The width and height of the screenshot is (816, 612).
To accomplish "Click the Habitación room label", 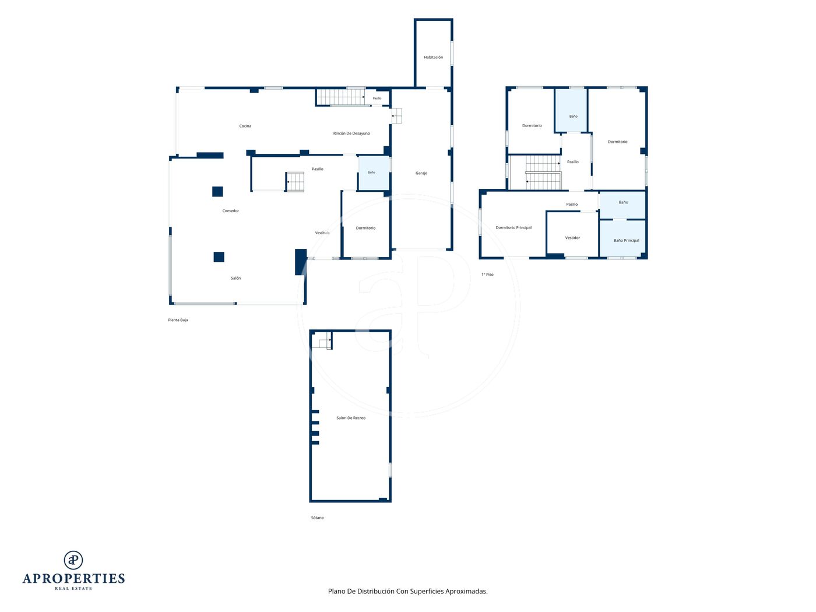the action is [x=433, y=57].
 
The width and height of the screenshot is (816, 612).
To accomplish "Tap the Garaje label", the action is [x=421, y=173].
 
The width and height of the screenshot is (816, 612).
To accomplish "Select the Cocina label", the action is [x=245, y=126].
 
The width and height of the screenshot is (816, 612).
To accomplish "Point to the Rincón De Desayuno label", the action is [x=351, y=133].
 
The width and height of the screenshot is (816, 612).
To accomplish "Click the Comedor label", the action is [x=230, y=210].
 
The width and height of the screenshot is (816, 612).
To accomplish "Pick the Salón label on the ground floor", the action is [x=235, y=278].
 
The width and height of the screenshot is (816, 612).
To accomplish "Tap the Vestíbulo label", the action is [x=322, y=233].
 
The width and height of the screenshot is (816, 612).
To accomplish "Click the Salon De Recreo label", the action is [x=351, y=418].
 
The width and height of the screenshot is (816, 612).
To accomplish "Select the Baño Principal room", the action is [x=623, y=238].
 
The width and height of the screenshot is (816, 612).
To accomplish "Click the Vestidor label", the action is [x=572, y=238].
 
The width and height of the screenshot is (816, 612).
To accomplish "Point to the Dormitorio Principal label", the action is [x=513, y=227].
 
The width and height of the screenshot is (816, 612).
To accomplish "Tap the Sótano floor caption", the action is [x=317, y=518].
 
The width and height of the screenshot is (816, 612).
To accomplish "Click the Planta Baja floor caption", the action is [x=178, y=320].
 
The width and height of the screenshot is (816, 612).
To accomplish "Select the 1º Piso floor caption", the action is [x=487, y=275].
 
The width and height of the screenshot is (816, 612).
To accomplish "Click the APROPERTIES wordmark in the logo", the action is [x=73, y=579].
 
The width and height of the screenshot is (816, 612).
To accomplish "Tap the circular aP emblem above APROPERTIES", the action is [x=73, y=560].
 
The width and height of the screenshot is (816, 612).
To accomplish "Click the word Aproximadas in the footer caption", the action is [x=466, y=591].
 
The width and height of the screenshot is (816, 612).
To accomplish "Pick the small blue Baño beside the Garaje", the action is [x=373, y=173].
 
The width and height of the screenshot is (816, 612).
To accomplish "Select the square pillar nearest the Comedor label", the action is [x=217, y=191].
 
